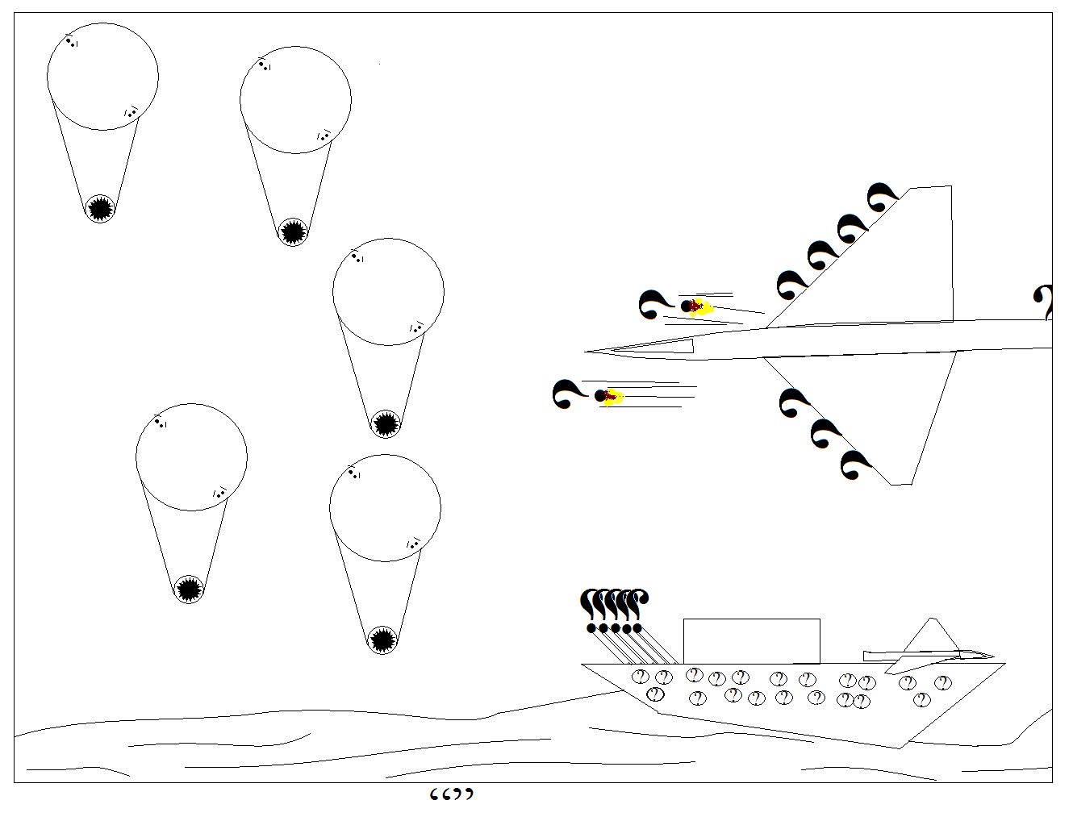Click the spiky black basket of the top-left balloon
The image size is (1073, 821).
tap(100, 209)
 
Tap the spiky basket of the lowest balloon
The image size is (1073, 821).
tap(383, 640)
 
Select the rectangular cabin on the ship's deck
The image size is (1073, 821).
tap(751, 641)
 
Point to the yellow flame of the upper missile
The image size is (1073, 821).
tap(702, 307)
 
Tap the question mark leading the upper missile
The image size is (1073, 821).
tap(654, 304)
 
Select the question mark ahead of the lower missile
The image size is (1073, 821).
tap(569, 394)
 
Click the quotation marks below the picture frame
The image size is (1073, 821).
tap(451, 795)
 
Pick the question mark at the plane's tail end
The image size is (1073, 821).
tap(1044, 302)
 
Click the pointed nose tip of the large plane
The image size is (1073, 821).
tap(587, 352)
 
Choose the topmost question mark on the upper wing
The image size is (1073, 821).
tap(882, 197)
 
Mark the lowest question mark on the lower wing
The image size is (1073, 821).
tap(855, 465)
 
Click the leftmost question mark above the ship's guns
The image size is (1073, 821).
tap(591, 607)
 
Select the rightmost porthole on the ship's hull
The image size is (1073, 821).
tap(942, 683)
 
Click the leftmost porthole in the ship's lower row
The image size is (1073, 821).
tap(656, 694)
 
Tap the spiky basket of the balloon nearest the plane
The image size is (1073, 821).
tap(386, 423)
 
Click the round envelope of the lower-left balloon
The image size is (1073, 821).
tap(191, 456)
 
